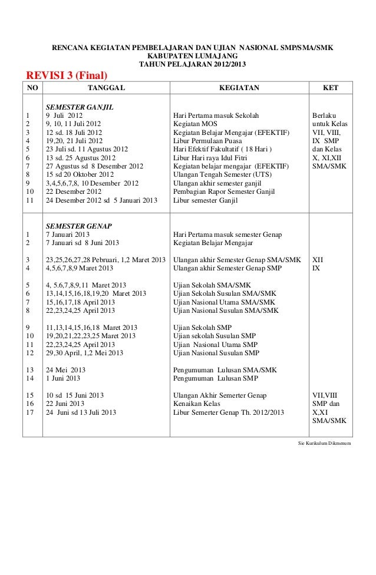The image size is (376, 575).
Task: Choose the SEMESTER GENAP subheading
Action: (x=78, y=226)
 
